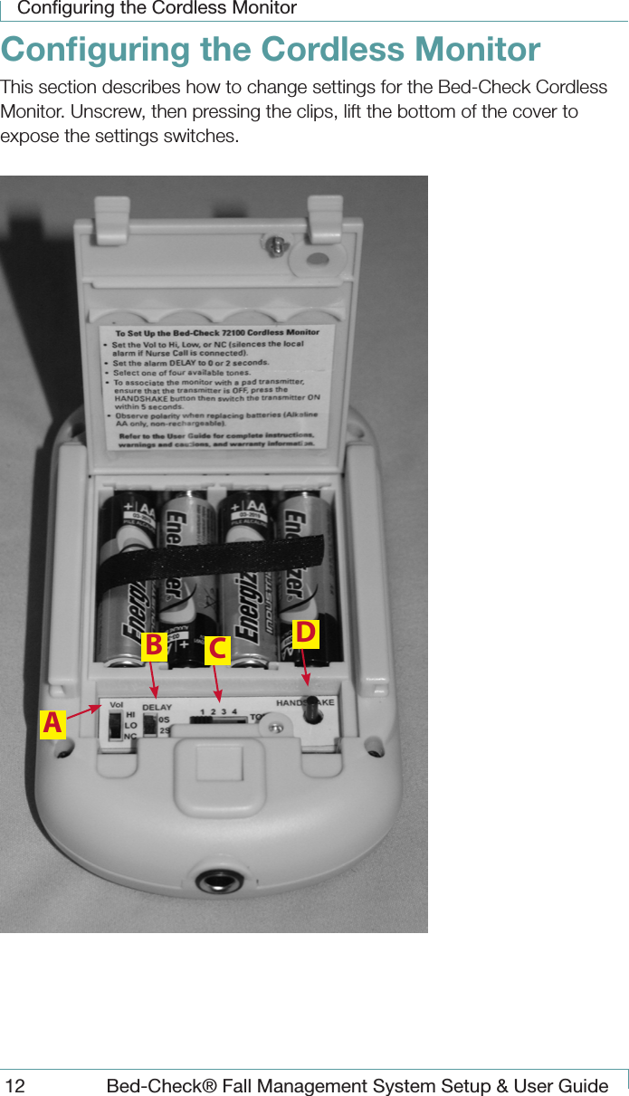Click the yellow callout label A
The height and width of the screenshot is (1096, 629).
click(x=52, y=724)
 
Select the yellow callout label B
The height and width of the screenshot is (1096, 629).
click(x=154, y=645)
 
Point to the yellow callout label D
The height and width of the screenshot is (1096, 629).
click(x=306, y=634)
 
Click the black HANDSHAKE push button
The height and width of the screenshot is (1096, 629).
click(x=312, y=710)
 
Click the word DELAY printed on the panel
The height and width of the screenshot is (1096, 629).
click(x=157, y=708)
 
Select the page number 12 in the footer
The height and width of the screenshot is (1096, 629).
click(x=15, y=1085)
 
